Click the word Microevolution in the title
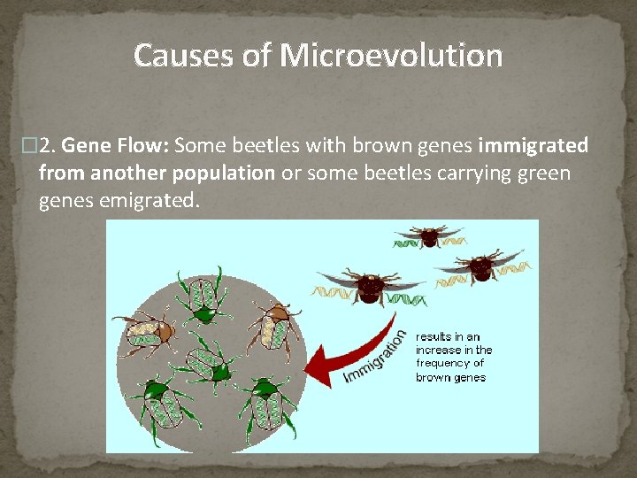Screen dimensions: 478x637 tap(392, 56)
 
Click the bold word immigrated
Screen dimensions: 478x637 tap(533, 145)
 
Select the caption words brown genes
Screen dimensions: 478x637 tap(450, 377)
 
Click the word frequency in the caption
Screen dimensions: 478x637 tap(450, 363)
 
